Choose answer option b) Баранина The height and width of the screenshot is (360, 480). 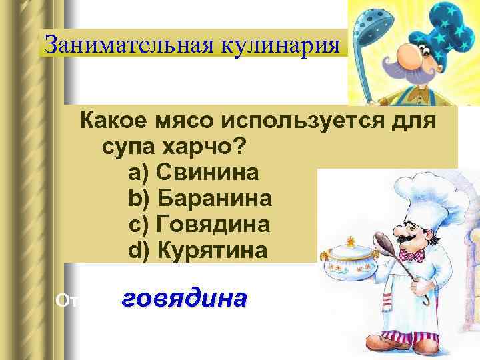199,199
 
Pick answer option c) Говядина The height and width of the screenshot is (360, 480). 199,224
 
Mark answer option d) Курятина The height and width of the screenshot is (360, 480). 197,250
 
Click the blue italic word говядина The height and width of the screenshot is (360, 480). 184,298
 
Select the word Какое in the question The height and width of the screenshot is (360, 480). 113,122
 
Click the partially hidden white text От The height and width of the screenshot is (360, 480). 64,301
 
